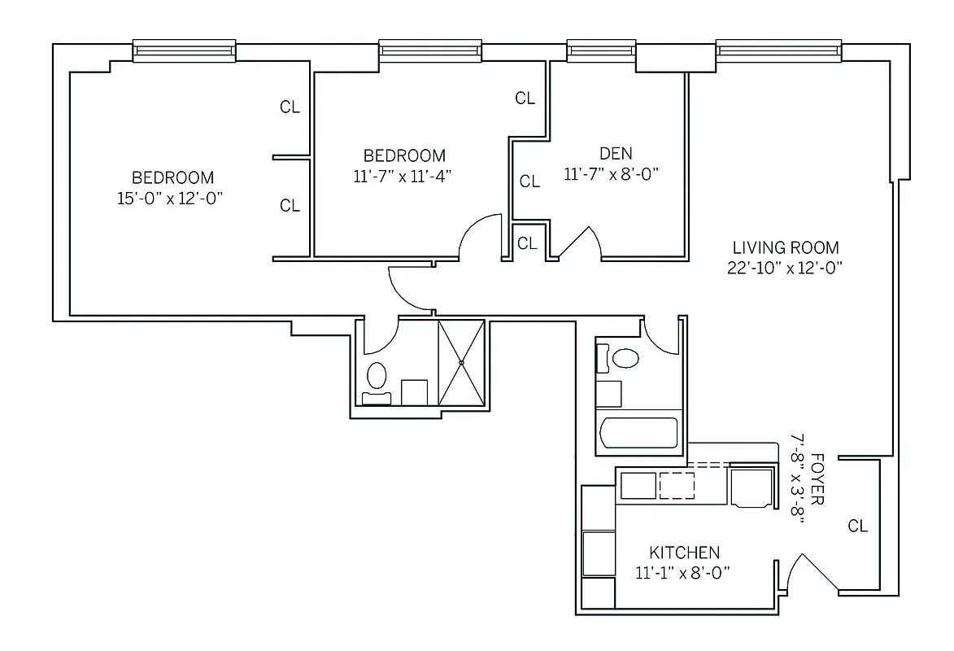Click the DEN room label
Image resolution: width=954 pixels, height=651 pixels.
point(615,153)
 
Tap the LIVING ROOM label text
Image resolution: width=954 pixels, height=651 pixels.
point(786,247)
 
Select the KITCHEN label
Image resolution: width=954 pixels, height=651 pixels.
point(684,552)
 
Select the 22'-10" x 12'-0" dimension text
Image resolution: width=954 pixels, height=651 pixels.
point(785,269)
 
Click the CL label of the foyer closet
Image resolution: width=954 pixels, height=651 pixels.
point(858,526)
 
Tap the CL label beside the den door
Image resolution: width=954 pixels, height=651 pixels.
point(527,242)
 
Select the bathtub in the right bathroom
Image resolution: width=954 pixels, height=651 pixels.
point(637,432)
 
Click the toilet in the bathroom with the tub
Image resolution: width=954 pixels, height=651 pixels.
point(625,358)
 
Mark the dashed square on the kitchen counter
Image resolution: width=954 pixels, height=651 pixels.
point(677,485)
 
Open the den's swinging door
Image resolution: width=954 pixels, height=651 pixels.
point(579,242)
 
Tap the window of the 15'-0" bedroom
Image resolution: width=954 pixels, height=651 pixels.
point(185,50)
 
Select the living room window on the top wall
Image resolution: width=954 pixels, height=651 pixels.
point(778,50)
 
